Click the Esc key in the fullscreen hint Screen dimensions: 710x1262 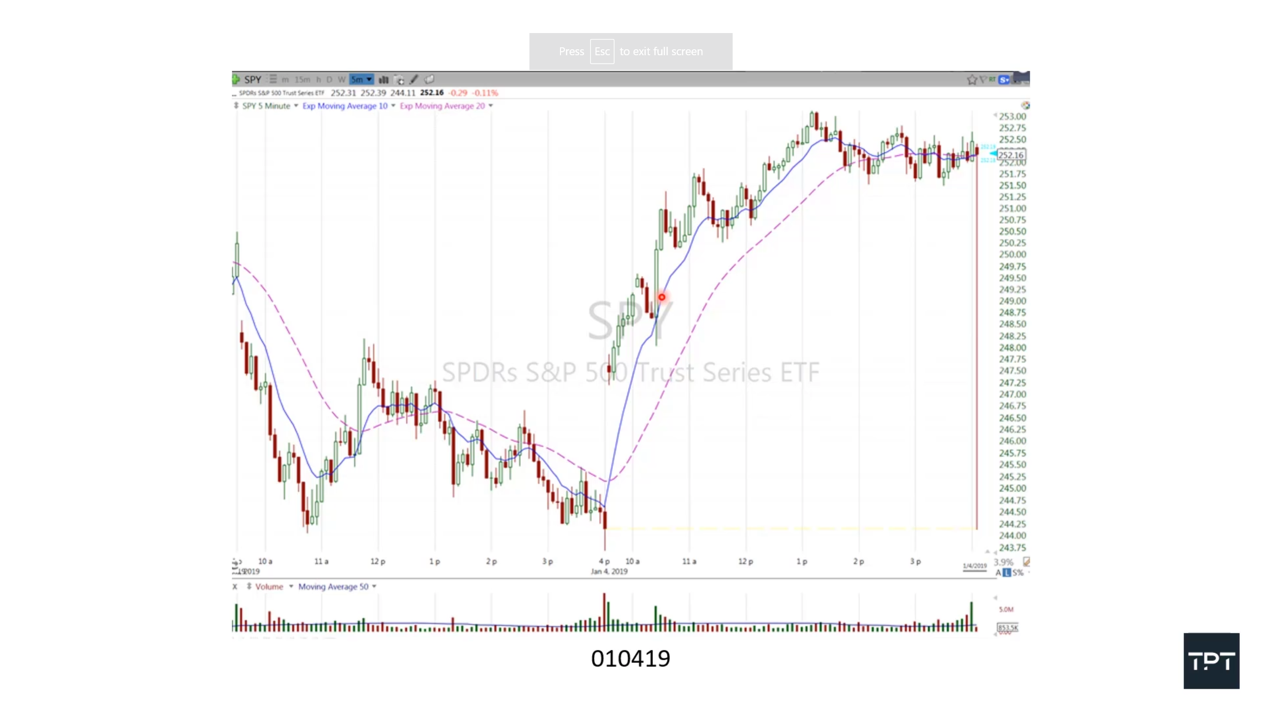click(602, 51)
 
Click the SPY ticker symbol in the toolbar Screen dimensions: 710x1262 click(252, 79)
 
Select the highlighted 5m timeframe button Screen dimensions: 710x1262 click(360, 79)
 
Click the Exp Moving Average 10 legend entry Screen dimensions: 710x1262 click(345, 106)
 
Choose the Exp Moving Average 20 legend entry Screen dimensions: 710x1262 click(442, 106)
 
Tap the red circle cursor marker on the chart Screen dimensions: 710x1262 click(662, 297)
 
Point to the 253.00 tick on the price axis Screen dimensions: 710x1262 click(1012, 116)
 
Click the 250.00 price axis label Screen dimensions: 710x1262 click(1012, 254)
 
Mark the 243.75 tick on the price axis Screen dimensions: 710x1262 click(1012, 548)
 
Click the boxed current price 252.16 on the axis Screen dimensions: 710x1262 click(1011, 155)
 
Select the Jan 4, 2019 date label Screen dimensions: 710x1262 click(609, 571)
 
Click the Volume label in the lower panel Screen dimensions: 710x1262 click(269, 587)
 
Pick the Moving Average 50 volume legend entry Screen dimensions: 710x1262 click(333, 587)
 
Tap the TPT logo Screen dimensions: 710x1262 click(1211, 661)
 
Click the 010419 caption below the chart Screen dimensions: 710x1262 click(631, 659)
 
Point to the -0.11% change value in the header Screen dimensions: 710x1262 click(485, 93)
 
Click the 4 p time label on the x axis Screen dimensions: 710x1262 click(604, 561)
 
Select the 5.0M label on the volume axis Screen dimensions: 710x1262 click(1006, 609)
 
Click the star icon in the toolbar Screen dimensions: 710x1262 click(972, 80)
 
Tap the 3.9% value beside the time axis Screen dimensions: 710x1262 click(1003, 562)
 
